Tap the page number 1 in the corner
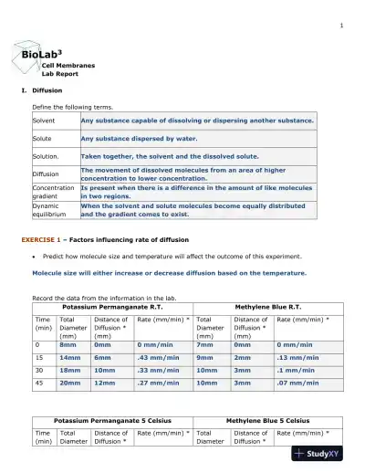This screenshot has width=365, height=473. click(340, 24)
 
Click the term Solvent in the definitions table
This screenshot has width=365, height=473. click(44, 121)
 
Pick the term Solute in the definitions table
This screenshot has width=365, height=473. click(43, 139)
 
